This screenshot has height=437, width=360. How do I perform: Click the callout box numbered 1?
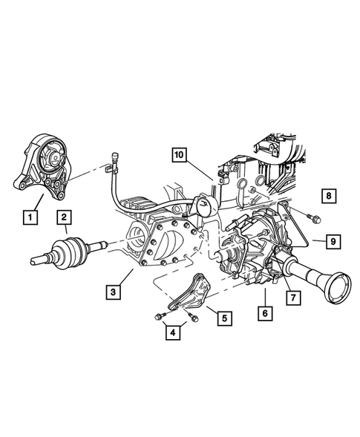30,217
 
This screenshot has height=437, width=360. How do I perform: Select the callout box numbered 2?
65,217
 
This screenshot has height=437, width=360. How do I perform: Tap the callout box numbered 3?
113,293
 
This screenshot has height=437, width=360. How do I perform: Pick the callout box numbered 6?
264,314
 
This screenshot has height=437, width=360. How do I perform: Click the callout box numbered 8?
327,196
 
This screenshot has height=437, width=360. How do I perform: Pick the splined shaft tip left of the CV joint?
39,260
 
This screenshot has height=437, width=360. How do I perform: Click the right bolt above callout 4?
193,319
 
